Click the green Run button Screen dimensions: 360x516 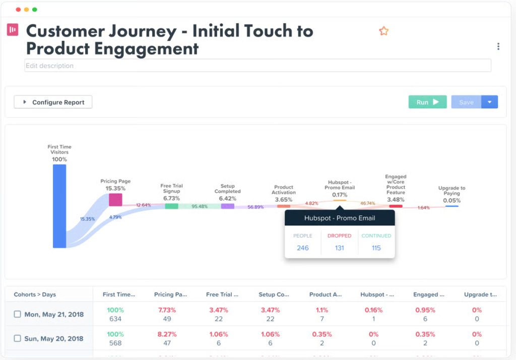coord(427,102)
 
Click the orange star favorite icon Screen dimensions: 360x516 coord(383,31)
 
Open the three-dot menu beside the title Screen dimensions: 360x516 coord(498,46)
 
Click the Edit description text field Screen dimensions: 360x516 coord(257,66)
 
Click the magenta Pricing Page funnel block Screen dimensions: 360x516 coord(115,200)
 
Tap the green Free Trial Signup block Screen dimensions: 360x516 coord(171,206)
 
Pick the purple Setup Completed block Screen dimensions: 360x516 coord(227,206)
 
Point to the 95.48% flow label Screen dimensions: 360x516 coord(200,206)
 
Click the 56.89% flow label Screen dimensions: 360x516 coord(255,207)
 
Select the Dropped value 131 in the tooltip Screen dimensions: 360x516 coord(339,248)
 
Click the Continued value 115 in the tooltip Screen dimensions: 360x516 coord(376,248)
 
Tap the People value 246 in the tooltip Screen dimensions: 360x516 coord(303,248)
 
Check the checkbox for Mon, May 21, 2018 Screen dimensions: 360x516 coord(18,314)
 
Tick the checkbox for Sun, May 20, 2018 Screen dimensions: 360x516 coord(18,338)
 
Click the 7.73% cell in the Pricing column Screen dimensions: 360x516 coord(167,310)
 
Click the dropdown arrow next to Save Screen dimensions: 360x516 coord(490,102)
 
